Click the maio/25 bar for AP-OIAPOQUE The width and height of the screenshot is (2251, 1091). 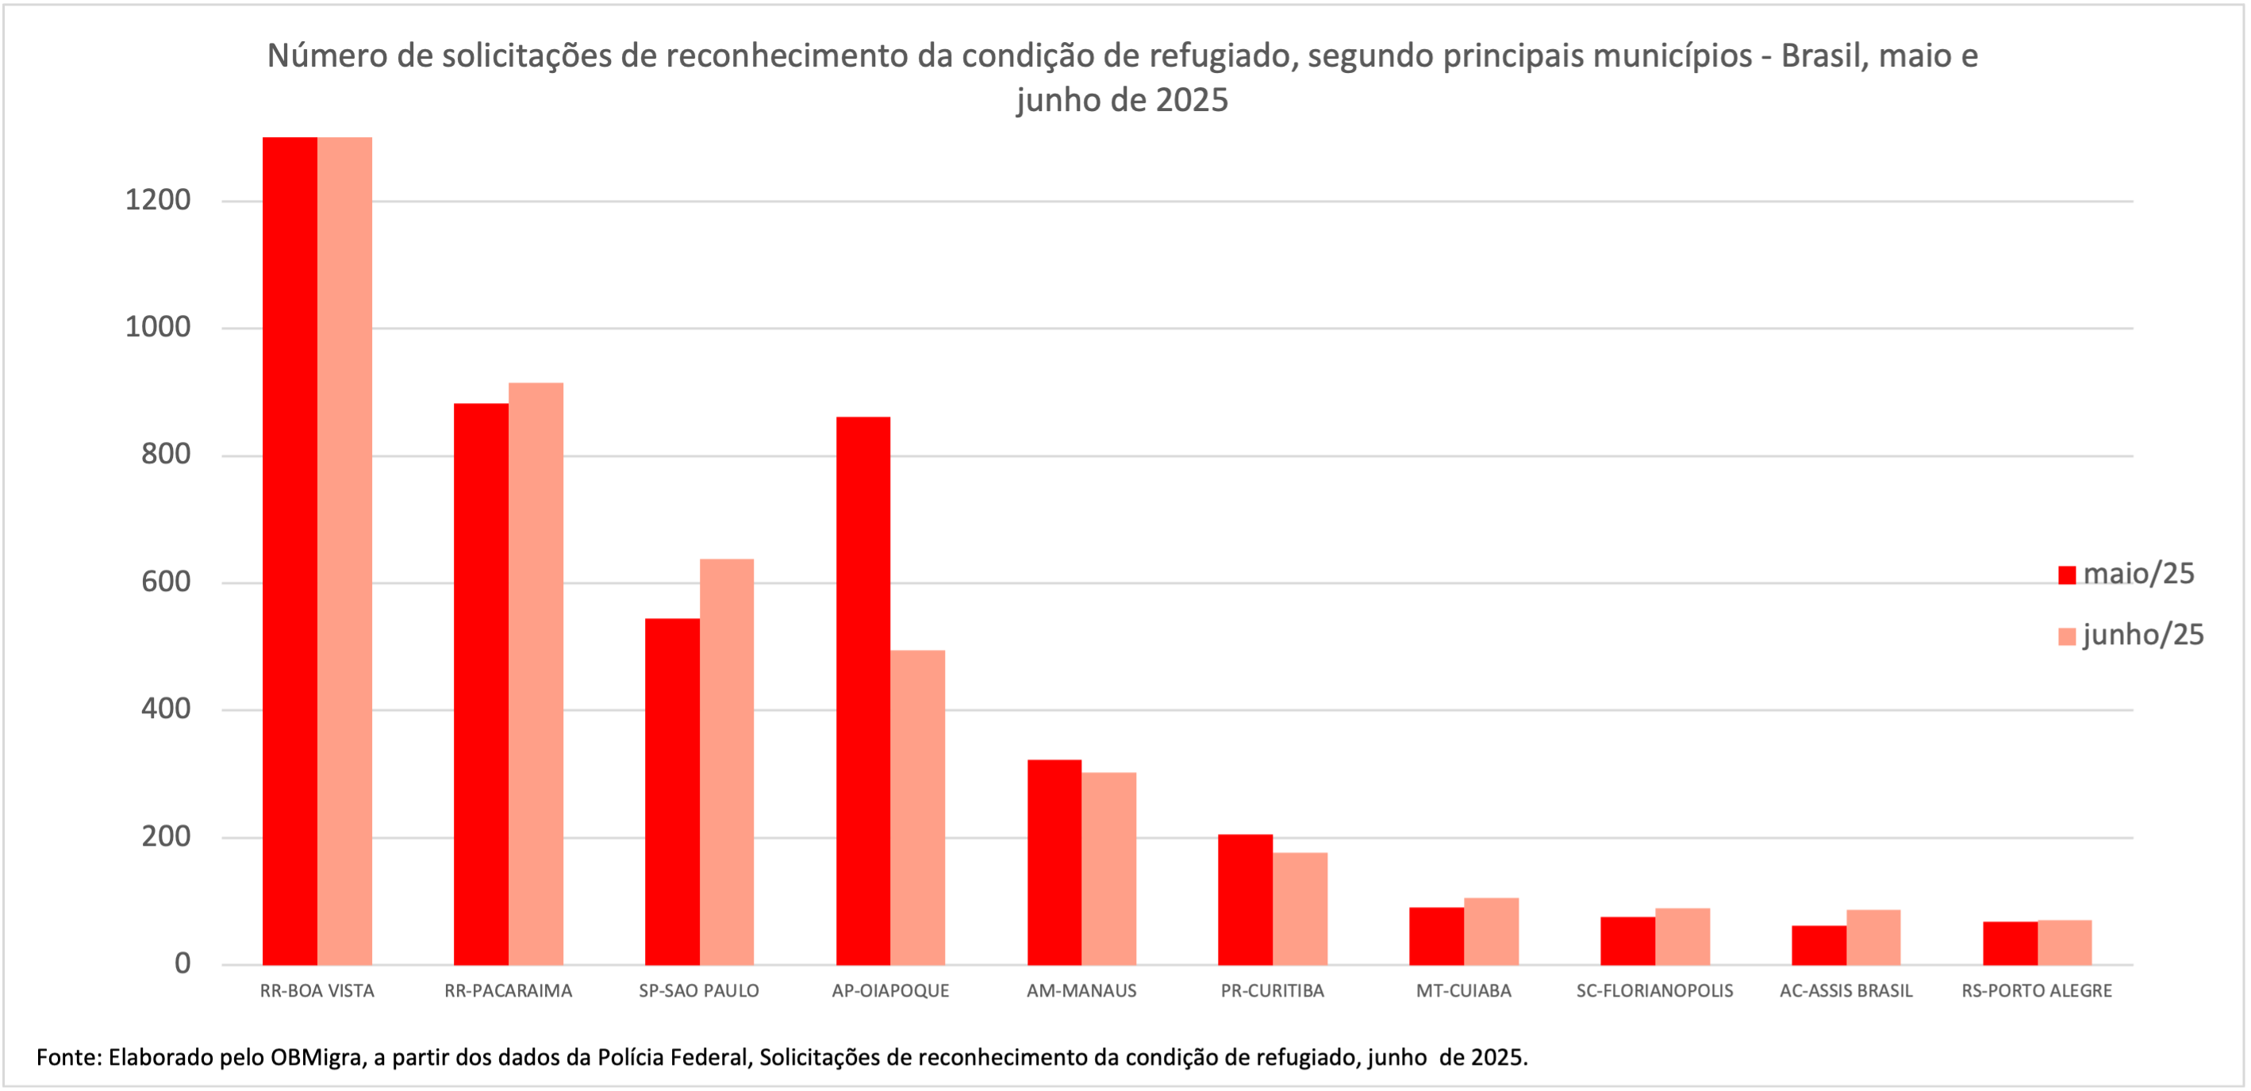click(862, 690)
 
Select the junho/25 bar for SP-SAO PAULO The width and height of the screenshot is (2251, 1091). click(726, 761)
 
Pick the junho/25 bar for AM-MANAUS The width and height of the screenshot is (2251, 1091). click(1109, 868)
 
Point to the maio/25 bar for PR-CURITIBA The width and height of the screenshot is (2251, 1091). click(1245, 900)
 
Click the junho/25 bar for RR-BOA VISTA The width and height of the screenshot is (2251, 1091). click(344, 551)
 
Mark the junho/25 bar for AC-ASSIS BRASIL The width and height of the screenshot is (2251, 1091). click(1873, 937)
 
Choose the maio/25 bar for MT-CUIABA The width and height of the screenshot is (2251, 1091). click(1437, 935)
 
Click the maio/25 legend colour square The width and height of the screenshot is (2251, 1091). click(2067, 574)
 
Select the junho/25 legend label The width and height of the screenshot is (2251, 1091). click(2142, 635)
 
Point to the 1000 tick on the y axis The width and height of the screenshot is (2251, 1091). click(157, 328)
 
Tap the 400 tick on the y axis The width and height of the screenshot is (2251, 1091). click(165, 709)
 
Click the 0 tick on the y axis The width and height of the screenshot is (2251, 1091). click(182, 963)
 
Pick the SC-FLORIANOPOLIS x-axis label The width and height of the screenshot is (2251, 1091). click(1654, 991)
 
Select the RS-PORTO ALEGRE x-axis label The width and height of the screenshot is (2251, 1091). click(2036, 991)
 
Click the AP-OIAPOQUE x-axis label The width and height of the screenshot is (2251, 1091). click(889, 991)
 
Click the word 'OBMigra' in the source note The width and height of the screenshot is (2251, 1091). click(316, 1058)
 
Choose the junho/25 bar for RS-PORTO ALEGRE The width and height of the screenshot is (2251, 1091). click(2064, 943)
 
